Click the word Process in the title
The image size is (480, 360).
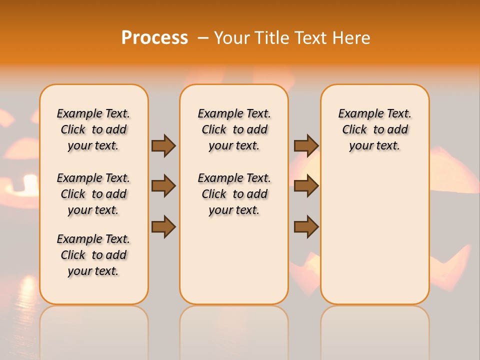(154, 37)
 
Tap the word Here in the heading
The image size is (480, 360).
(351, 37)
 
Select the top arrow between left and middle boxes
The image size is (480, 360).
(163, 145)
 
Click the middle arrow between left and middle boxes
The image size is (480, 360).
(163, 186)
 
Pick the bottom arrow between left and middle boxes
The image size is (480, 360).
(163, 226)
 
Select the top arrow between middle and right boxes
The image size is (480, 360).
(306, 145)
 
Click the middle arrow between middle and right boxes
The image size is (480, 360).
(306, 186)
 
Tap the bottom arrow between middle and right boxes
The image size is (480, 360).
(306, 226)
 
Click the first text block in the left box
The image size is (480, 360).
(93, 129)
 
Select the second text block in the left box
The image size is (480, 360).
(93, 194)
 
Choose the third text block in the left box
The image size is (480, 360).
(93, 255)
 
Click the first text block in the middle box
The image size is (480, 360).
(234, 129)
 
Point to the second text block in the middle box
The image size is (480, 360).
(234, 194)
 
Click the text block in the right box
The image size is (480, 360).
(375, 129)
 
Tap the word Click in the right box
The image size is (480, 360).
(354, 130)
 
